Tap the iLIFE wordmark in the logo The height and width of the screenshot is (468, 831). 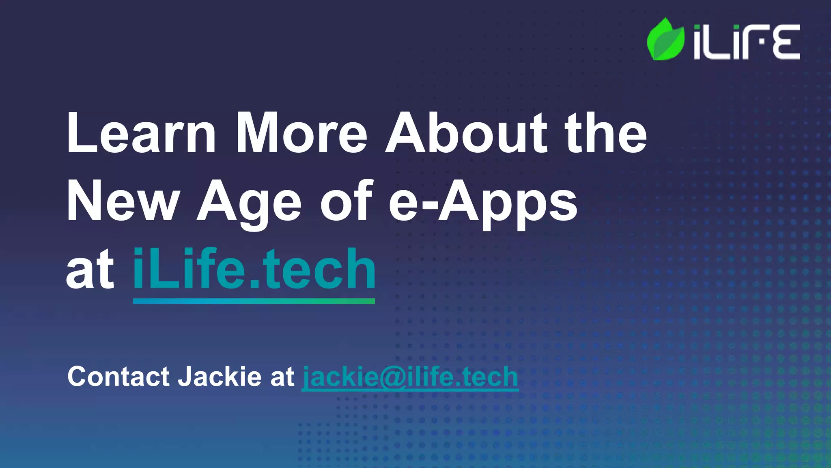746,42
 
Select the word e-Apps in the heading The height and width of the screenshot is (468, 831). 483,202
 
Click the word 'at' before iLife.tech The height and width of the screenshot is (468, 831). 90,270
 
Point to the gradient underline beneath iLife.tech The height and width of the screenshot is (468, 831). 254,301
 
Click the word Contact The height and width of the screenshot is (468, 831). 118,376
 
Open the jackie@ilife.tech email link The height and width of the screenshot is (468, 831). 410,377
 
